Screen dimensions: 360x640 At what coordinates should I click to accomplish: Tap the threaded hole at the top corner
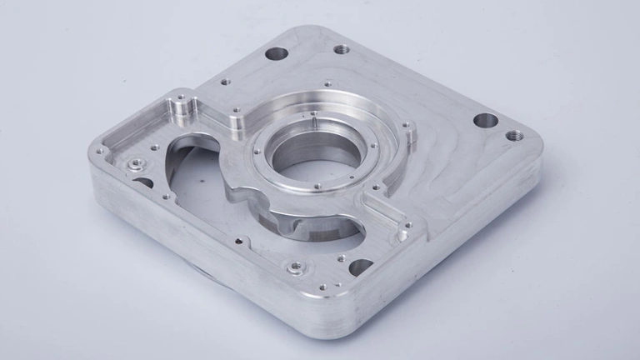click(342, 49)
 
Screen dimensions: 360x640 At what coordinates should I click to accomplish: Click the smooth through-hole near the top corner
click(276, 54)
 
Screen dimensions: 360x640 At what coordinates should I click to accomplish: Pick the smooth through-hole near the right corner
click(486, 121)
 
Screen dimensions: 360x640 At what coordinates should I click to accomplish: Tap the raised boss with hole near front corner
click(293, 268)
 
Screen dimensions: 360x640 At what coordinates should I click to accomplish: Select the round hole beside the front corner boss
click(361, 267)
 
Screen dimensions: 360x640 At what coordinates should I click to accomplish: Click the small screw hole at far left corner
click(102, 152)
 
